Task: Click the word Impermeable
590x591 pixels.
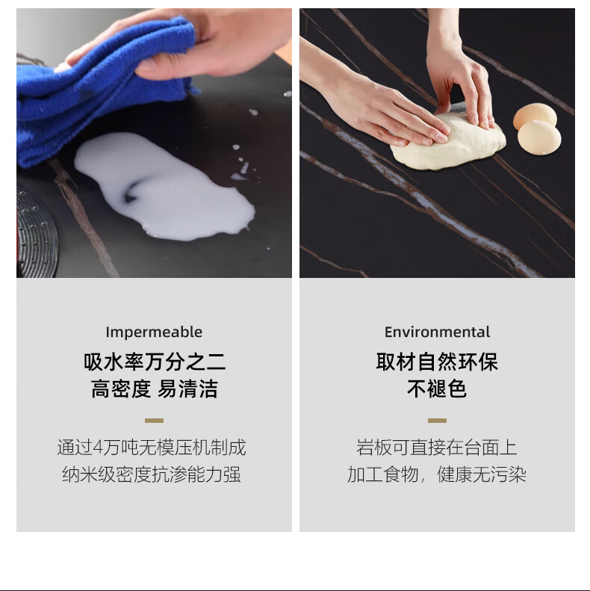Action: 154,332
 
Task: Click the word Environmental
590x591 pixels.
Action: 437,332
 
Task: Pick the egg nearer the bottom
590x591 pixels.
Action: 539,138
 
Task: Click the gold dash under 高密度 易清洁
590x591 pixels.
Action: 154,421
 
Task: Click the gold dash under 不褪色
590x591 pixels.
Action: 437,421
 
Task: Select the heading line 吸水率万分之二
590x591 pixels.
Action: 155,362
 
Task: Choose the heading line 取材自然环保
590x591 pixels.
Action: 437,362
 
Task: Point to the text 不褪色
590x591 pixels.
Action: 437,389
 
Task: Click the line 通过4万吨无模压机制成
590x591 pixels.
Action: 152,448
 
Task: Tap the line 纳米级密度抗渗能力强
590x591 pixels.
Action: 152,474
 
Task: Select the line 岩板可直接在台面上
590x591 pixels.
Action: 437,448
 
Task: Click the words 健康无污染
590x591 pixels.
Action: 482,474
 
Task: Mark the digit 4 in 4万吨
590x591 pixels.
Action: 98,448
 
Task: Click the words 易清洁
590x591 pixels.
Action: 187,389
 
